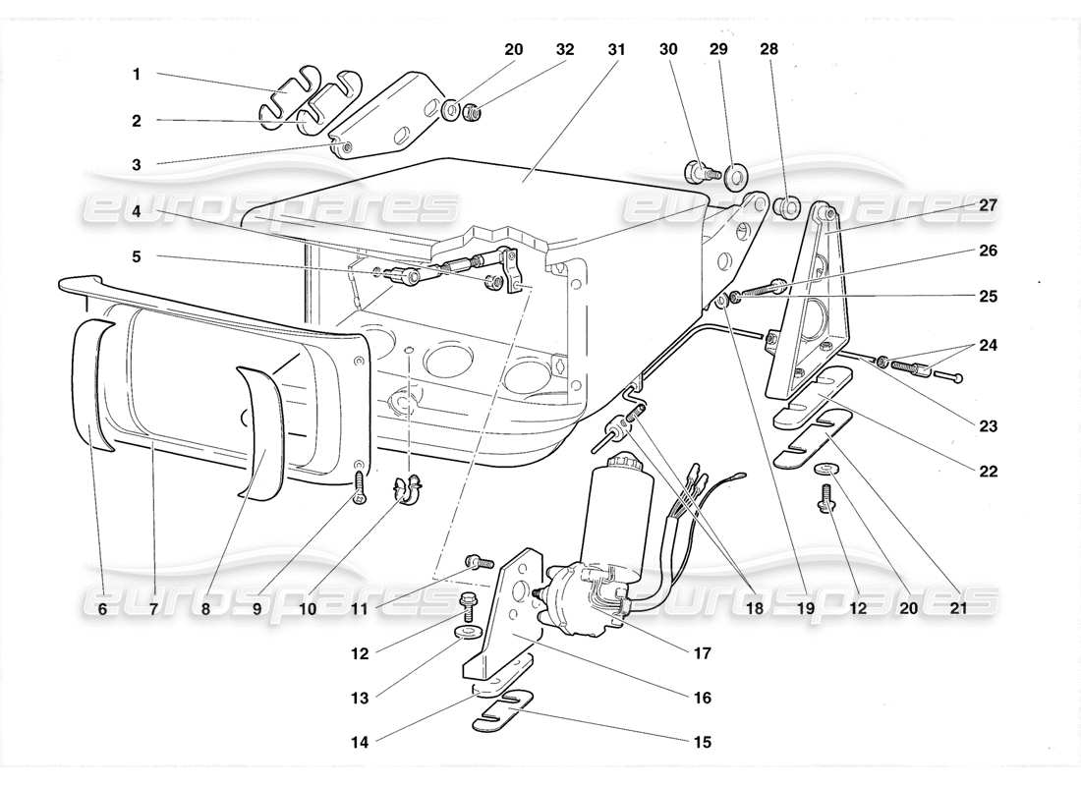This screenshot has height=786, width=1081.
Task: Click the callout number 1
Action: [x=137, y=74]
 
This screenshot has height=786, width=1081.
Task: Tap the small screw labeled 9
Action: [x=360, y=484]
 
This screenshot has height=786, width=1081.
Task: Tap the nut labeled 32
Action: [x=472, y=114]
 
